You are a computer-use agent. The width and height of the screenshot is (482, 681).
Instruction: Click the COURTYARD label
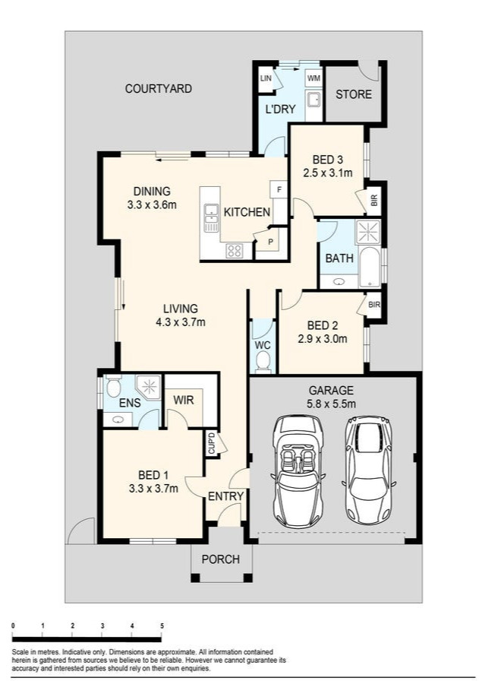(159, 89)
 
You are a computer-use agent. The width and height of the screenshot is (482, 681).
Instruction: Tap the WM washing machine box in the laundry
(313, 78)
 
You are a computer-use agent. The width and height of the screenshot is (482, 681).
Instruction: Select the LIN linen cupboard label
(266, 78)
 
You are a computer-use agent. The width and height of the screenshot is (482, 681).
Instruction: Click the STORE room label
(354, 94)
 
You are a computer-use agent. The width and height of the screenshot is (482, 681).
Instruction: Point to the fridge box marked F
(279, 189)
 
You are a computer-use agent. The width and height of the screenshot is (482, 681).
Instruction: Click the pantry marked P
(271, 242)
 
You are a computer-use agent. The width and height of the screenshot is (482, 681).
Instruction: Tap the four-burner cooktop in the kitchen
(235, 251)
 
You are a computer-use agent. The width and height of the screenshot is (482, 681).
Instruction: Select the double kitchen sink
(211, 217)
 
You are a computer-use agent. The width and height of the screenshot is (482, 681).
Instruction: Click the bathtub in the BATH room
(370, 267)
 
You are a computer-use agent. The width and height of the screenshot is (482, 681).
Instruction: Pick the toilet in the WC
(263, 362)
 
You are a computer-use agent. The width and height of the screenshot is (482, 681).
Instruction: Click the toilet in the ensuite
(114, 385)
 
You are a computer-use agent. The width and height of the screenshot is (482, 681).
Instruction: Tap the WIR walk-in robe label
(183, 400)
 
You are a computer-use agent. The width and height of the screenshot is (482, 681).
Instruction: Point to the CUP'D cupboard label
(211, 443)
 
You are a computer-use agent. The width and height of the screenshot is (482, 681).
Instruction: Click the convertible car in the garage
(298, 471)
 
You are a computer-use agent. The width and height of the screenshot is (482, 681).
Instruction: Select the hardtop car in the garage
(368, 471)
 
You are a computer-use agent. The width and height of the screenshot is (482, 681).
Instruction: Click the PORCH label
(220, 559)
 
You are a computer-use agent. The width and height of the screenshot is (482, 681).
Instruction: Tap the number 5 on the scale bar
(162, 626)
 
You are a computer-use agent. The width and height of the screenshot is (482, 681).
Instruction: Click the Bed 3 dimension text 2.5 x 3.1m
(328, 173)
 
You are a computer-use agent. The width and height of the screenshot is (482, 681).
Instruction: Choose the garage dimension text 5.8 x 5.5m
(331, 404)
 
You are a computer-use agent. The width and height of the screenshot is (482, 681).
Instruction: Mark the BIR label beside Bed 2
(373, 305)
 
